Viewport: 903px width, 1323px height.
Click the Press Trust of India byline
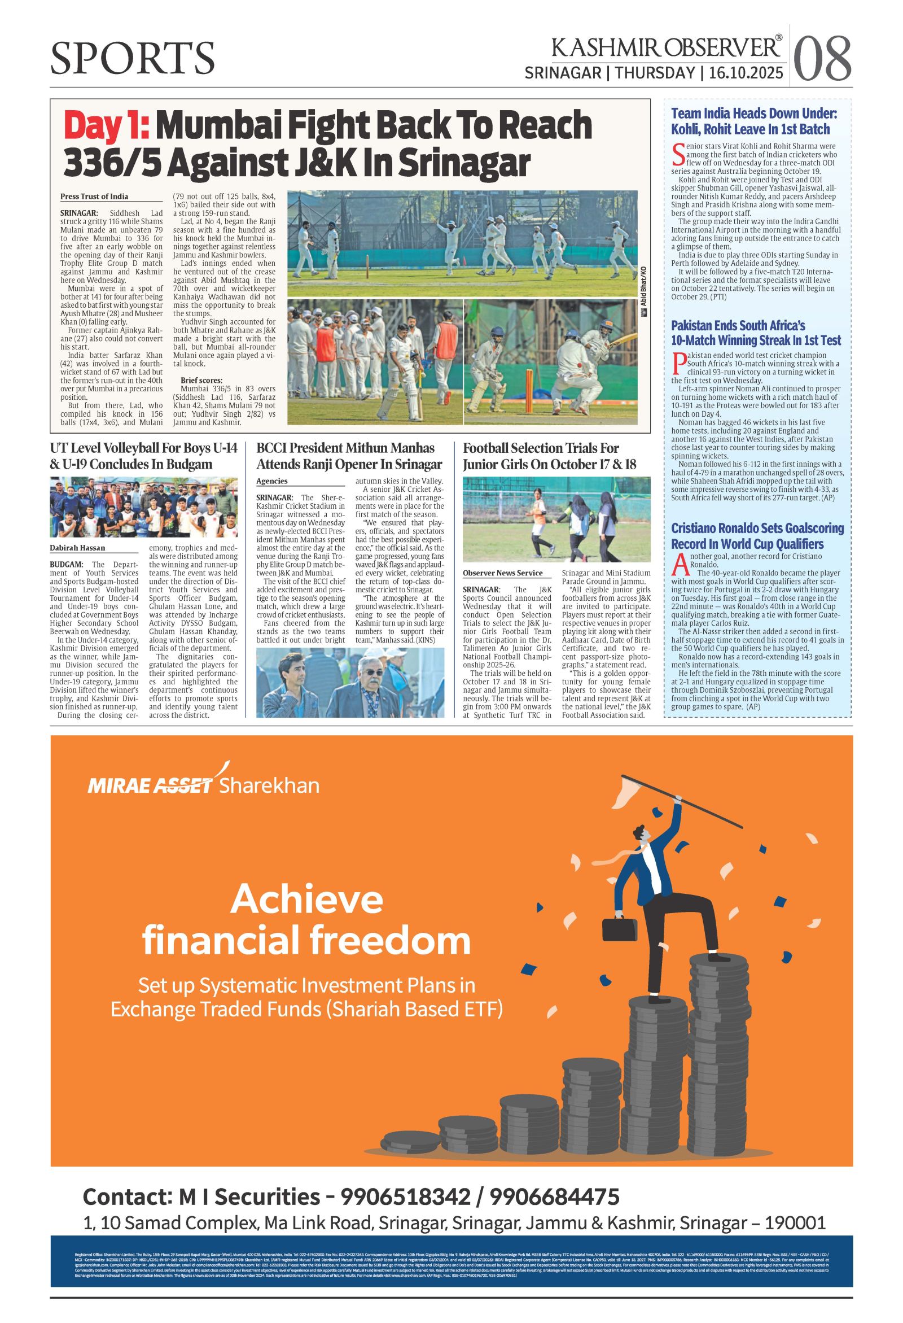point(94,197)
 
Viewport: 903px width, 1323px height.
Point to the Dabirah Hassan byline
point(77,548)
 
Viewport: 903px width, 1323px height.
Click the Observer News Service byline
point(502,573)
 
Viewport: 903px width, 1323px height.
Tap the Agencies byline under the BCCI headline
point(272,482)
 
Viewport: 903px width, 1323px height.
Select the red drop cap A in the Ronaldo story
point(678,564)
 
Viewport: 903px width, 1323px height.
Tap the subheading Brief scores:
point(201,379)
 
